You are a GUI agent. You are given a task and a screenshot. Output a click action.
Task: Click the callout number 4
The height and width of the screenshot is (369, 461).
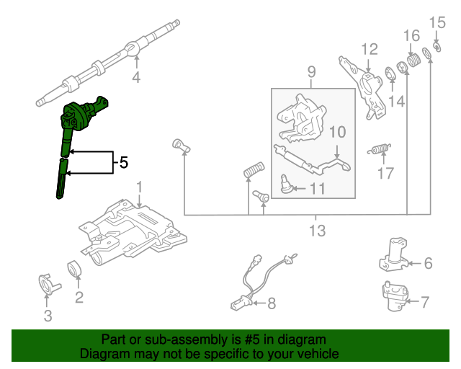[135, 76]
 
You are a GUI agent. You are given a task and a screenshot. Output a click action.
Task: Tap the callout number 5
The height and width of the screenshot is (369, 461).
[123, 164]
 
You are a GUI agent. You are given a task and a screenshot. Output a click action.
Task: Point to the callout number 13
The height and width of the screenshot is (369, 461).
[317, 231]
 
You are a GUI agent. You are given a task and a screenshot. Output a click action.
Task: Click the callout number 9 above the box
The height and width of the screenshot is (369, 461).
[312, 71]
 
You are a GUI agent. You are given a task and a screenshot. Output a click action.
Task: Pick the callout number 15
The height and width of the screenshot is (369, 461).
[433, 23]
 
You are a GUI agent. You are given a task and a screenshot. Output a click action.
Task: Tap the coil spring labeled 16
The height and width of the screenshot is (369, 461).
[413, 59]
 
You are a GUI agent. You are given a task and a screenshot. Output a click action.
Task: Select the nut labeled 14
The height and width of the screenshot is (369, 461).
[393, 73]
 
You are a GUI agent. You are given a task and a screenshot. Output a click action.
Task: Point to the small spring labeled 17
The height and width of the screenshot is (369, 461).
[380, 149]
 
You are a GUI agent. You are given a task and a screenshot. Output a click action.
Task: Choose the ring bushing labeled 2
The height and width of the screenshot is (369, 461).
[75, 269]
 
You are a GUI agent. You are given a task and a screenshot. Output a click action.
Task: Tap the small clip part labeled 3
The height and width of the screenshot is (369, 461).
[48, 283]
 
